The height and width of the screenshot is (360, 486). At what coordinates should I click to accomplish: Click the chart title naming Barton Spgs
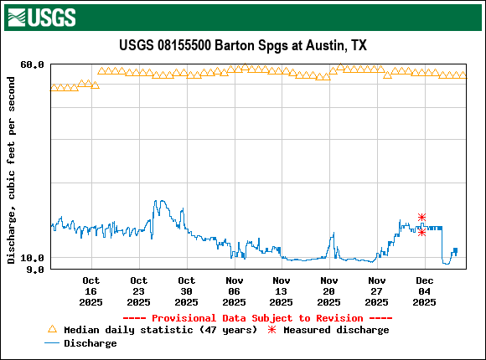pyautogui.click(x=243, y=45)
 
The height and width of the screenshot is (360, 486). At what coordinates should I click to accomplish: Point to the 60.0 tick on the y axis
pyautogui.click(x=33, y=64)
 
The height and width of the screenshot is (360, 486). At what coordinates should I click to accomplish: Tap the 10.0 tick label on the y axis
pyautogui.click(x=33, y=258)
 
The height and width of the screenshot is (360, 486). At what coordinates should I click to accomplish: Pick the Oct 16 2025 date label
pyautogui.click(x=91, y=291)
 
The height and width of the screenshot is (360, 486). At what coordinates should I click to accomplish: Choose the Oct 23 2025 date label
pyautogui.click(x=139, y=291)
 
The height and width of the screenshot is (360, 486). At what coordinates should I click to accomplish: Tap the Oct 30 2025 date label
pyautogui.click(x=187, y=291)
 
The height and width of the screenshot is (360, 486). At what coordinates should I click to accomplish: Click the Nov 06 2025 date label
pyautogui.click(x=235, y=291)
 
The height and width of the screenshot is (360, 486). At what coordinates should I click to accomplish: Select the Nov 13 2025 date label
pyautogui.click(x=282, y=291)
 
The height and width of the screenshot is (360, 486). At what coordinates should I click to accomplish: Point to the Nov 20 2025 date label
pyautogui.click(x=329, y=291)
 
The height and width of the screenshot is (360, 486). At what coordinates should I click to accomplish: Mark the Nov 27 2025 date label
pyautogui.click(x=377, y=291)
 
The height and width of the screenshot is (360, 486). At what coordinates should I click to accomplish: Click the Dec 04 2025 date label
pyautogui.click(x=425, y=291)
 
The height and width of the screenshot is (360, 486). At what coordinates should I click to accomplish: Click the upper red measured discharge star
pyautogui.click(x=422, y=218)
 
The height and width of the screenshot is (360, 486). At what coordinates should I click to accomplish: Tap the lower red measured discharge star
pyautogui.click(x=422, y=232)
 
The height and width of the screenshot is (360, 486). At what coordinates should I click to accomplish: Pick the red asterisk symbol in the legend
pyautogui.click(x=271, y=330)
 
